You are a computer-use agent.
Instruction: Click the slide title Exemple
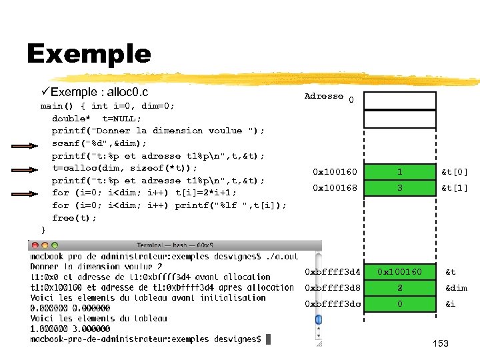point(89,53)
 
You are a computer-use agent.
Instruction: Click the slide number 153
point(440,343)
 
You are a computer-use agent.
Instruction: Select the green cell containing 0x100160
point(399,272)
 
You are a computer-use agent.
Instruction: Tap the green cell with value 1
point(399,172)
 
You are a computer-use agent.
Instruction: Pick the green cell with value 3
point(399,188)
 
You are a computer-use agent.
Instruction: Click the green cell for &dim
point(399,288)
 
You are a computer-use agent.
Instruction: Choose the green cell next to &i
point(399,304)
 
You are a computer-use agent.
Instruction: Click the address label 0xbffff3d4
point(333,272)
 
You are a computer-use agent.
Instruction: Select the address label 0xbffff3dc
point(333,304)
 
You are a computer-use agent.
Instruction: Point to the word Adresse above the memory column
point(323,96)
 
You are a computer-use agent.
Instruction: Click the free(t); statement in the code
point(74,218)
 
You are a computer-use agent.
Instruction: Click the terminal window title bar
point(174,245)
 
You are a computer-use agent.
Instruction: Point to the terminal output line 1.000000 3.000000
point(70,329)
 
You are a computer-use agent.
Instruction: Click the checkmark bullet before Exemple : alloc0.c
point(45,91)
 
